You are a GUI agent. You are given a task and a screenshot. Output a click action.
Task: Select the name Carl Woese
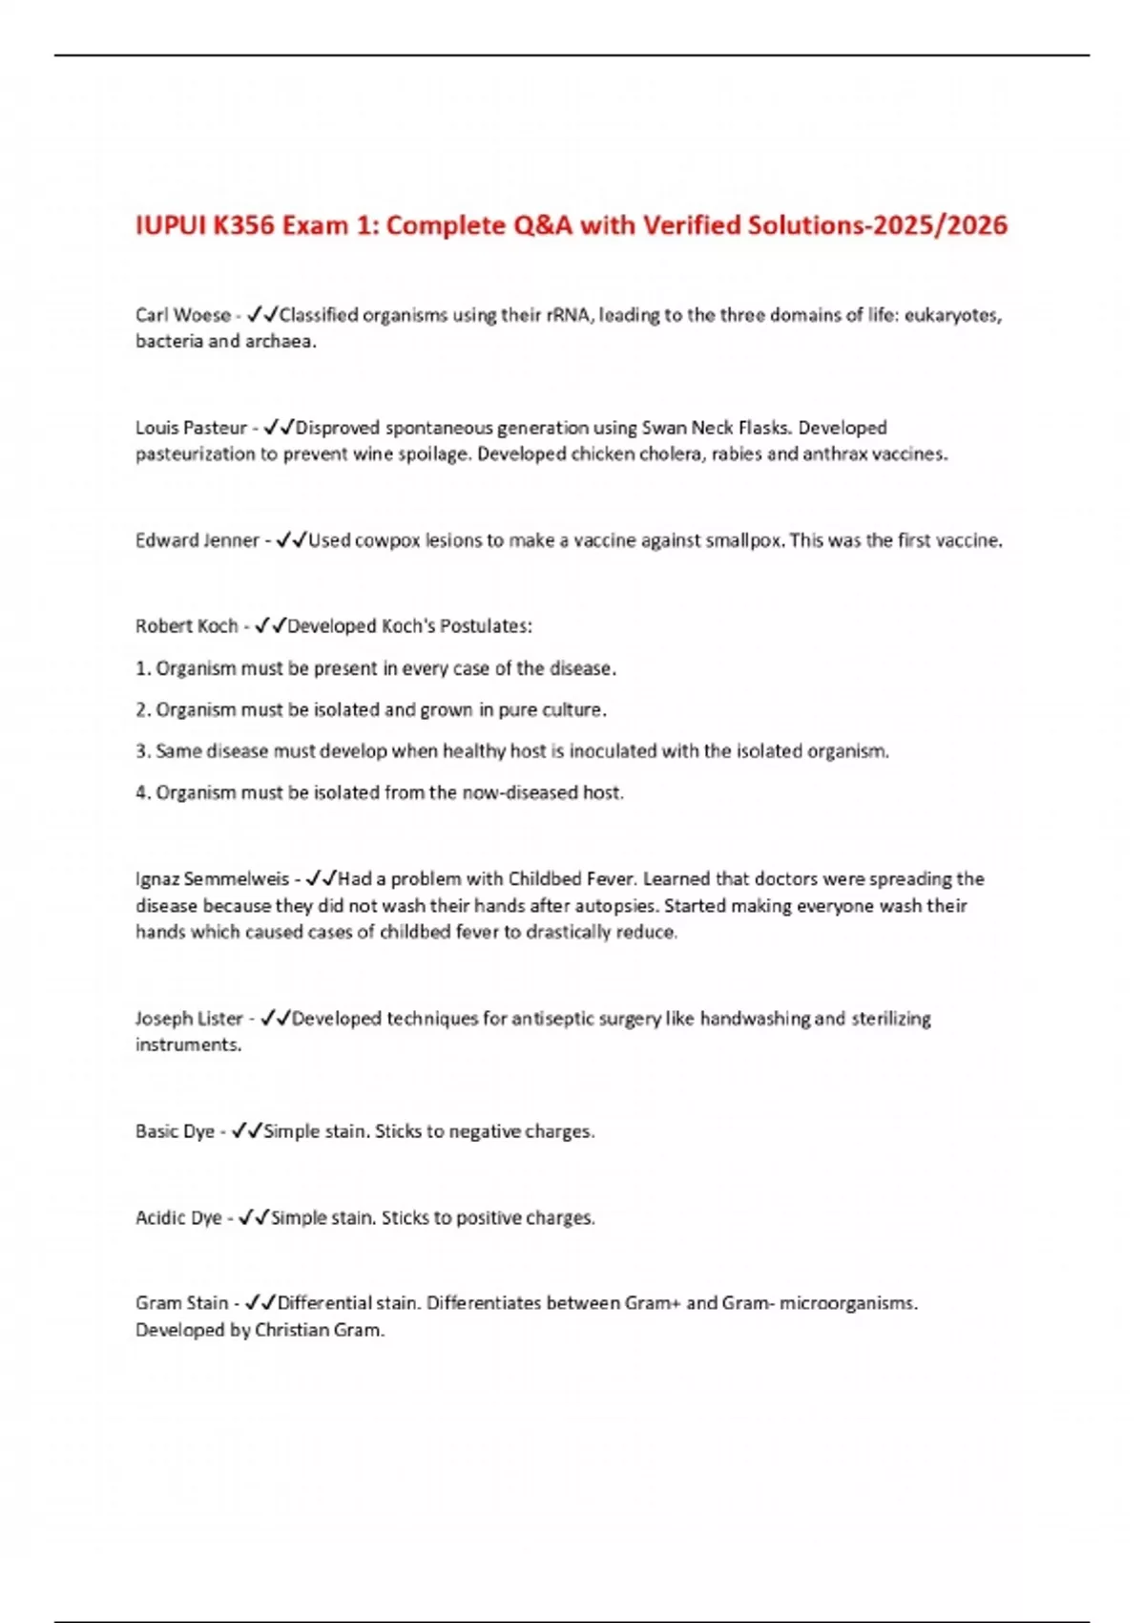click(x=182, y=315)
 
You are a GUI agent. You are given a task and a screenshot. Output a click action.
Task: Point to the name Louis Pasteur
click(x=191, y=428)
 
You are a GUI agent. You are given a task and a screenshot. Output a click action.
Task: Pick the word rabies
click(x=737, y=454)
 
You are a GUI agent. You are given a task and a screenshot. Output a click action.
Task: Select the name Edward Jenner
click(x=197, y=540)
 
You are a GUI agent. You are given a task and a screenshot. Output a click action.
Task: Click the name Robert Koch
click(x=186, y=626)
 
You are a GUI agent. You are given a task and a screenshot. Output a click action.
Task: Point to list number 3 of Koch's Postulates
click(x=142, y=751)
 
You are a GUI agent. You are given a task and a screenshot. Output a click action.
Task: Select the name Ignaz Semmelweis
click(x=212, y=879)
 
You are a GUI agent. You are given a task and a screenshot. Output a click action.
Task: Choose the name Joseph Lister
click(x=189, y=1019)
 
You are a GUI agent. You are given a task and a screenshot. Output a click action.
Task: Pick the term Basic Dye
click(x=175, y=1131)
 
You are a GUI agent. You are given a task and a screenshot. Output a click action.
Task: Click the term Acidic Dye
click(x=178, y=1218)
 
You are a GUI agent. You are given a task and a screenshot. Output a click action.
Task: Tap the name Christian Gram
click(x=318, y=1330)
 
